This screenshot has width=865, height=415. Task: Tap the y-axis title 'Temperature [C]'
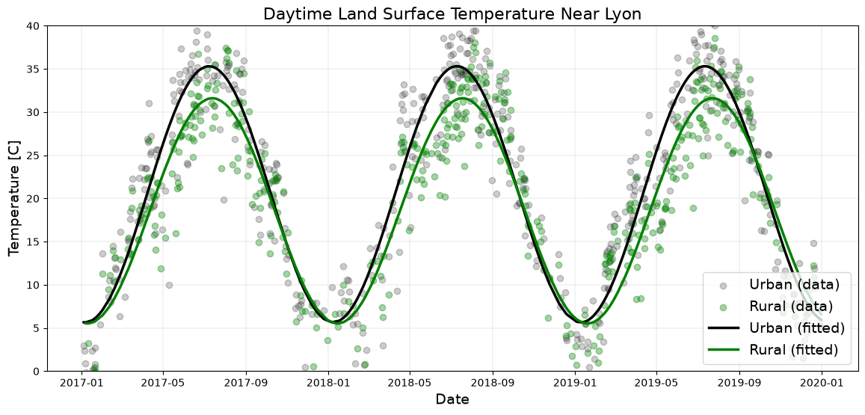[15, 198]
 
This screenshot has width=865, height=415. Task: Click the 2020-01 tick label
[822, 381]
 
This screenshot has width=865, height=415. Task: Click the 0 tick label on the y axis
[38, 372]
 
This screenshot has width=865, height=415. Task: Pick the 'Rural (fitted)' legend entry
[775, 348]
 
